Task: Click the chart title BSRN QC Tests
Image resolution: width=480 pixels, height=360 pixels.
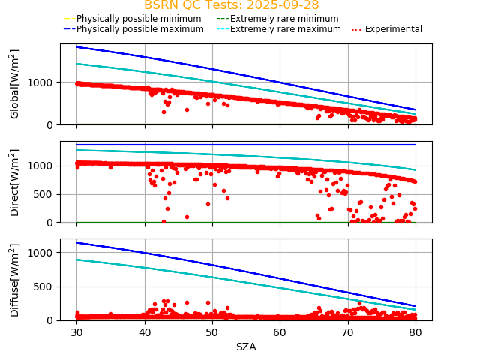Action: [231, 5]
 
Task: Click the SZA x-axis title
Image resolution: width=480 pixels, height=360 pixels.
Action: [246, 346]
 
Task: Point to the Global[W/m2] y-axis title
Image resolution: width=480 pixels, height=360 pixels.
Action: [15, 84]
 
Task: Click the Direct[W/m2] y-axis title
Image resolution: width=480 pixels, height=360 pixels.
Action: [15, 182]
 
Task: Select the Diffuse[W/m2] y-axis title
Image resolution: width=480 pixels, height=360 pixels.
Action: [15, 280]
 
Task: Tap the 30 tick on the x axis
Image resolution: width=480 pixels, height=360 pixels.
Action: [76, 331]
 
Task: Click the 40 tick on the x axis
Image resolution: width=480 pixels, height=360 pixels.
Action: [145, 331]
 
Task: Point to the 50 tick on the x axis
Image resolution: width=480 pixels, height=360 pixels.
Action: [212, 331]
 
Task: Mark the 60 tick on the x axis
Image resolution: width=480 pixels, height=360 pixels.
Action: [280, 331]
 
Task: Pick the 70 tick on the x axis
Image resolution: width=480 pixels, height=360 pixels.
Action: [348, 331]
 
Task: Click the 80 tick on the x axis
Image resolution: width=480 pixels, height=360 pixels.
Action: [415, 331]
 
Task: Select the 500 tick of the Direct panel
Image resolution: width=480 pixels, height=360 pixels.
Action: [46, 194]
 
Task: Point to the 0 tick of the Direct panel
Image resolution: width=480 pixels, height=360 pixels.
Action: [52, 223]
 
